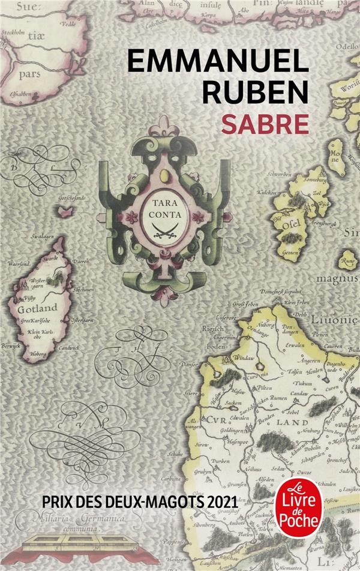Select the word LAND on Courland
pyautogui.click(x=292, y=422)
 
